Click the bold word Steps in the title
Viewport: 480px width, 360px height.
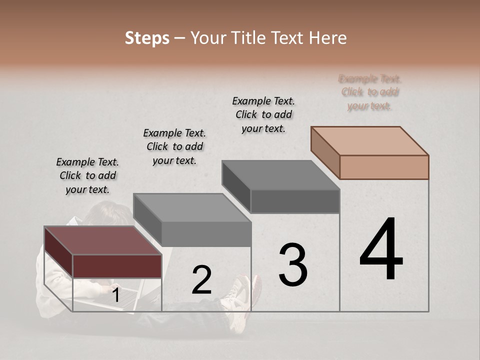(x=147, y=38)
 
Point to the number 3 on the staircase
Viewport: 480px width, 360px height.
(x=292, y=265)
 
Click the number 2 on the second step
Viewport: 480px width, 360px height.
(x=201, y=280)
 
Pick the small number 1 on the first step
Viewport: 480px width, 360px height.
(x=115, y=296)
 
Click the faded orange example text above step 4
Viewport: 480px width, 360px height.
(x=370, y=92)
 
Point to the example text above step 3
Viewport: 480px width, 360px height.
(x=263, y=114)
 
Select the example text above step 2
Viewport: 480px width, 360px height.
(x=174, y=146)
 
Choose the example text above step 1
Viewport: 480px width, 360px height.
(x=87, y=175)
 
